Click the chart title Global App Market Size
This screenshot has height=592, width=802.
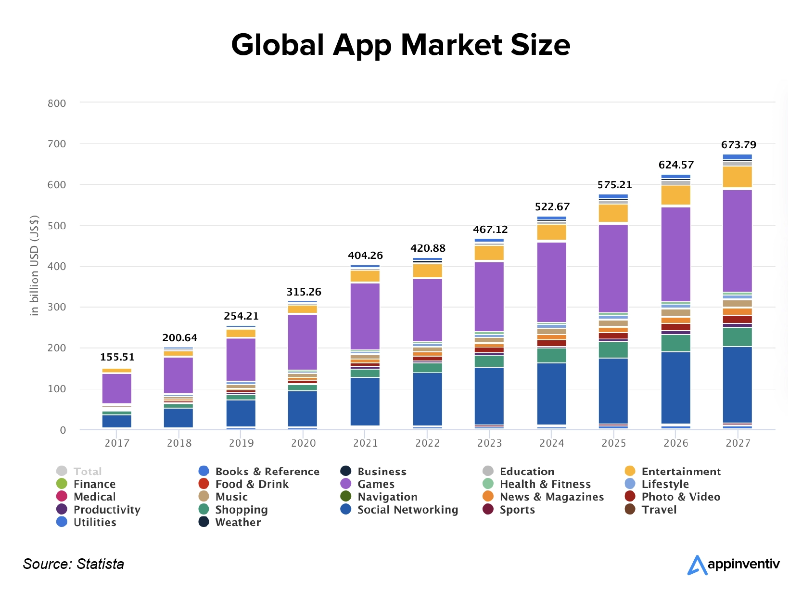[x=401, y=45]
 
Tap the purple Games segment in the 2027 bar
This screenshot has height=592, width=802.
[x=737, y=241]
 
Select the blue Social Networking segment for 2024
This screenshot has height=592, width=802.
[x=551, y=394]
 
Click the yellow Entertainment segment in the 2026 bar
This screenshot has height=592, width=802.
[x=675, y=195]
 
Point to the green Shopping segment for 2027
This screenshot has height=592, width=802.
[x=737, y=337]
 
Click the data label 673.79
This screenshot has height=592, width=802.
[x=738, y=145]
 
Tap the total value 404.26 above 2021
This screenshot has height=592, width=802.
[x=365, y=256]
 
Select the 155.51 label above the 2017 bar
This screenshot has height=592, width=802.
[x=117, y=357]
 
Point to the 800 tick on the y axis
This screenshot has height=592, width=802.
[x=57, y=103]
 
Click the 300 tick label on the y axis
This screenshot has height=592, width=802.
[x=57, y=307]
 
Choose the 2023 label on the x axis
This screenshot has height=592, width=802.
[x=489, y=443]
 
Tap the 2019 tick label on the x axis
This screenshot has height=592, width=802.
[x=241, y=443]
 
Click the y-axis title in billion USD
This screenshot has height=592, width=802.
[x=34, y=265]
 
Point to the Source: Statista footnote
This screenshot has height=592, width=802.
[x=74, y=564]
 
